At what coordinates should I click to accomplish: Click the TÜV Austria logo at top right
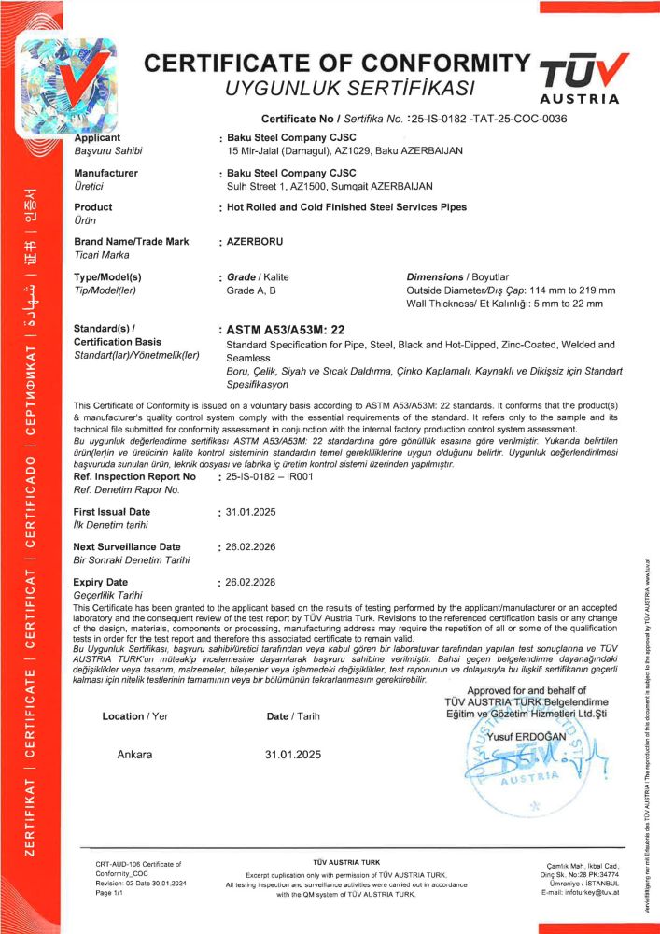point(580,78)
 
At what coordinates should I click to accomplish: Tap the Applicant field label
point(97,137)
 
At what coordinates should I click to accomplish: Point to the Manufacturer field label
point(105,173)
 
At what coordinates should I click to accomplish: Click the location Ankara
point(134,754)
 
